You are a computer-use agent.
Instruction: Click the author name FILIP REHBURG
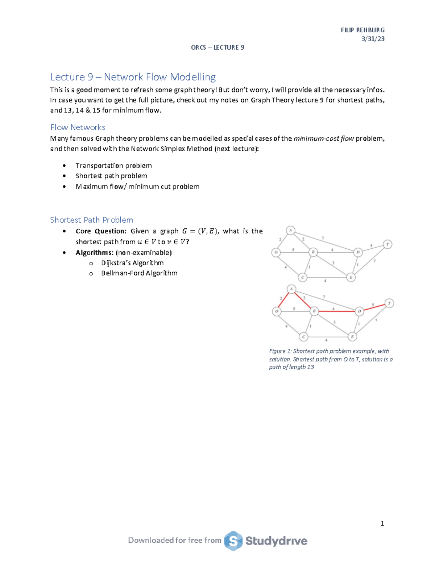click(362, 30)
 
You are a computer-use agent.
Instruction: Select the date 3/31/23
click(373, 39)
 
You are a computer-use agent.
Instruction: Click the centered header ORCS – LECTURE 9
click(217, 47)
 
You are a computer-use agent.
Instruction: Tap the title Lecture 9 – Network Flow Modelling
click(133, 77)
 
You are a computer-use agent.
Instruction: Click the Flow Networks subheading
click(78, 127)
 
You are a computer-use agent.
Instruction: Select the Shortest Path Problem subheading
click(91, 220)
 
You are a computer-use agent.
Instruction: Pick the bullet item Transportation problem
click(113, 166)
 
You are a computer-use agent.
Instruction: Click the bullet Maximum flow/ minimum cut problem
click(137, 187)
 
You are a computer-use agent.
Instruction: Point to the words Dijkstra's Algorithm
click(132, 263)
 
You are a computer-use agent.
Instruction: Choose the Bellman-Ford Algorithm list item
click(139, 273)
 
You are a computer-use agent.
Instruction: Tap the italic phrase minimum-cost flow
click(323, 138)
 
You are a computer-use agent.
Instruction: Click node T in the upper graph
click(388, 244)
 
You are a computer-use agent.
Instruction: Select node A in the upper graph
click(290, 230)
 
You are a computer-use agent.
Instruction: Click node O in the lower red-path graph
click(277, 311)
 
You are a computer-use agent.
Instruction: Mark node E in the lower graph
click(352, 337)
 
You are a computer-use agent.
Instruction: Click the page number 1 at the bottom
click(382, 523)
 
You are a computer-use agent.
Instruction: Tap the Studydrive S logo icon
click(233, 541)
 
